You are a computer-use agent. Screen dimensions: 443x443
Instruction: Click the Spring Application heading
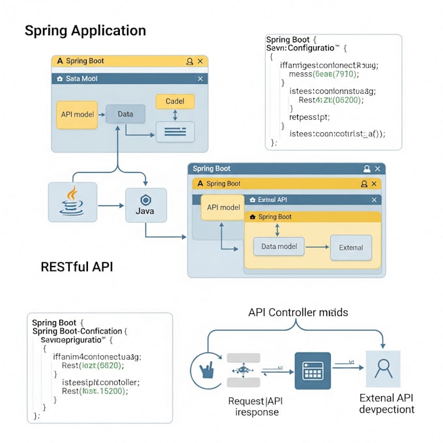(x=85, y=31)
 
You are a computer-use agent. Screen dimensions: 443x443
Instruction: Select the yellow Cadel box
(x=175, y=102)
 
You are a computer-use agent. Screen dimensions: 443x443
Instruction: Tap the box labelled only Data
(x=125, y=114)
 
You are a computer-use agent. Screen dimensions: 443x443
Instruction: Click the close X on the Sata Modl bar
(x=200, y=78)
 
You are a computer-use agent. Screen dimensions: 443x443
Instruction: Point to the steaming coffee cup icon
(x=72, y=201)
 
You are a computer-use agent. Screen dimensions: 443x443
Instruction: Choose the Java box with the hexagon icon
(x=145, y=205)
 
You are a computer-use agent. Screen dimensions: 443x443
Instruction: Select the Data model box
(x=278, y=247)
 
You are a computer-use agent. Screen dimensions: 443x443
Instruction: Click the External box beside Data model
(x=350, y=248)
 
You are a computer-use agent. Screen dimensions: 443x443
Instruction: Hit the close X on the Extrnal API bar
(x=374, y=200)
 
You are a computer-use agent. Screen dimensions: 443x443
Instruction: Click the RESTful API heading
(x=77, y=266)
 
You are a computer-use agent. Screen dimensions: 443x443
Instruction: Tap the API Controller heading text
(x=298, y=313)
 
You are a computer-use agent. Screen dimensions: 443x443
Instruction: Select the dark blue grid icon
(x=313, y=371)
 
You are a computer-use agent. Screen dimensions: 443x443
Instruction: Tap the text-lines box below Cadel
(x=175, y=132)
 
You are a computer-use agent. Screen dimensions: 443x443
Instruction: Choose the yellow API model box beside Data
(x=77, y=114)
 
